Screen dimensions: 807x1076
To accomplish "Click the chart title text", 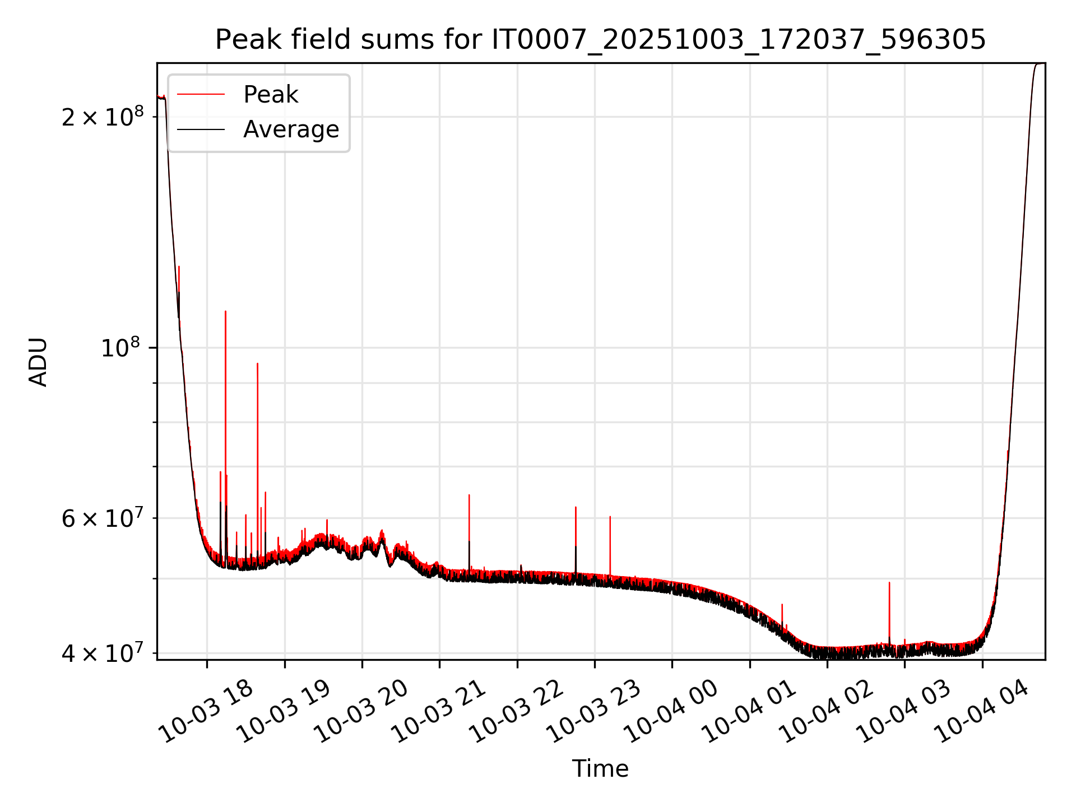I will [x=600, y=40].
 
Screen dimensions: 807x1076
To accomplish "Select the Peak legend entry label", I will [x=271, y=95].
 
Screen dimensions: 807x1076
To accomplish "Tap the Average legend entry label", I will [x=291, y=129].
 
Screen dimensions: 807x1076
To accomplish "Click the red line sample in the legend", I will [x=201, y=95].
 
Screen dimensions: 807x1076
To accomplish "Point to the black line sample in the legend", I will [x=201, y=129].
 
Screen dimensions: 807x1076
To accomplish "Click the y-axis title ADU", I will [x=38, y=361].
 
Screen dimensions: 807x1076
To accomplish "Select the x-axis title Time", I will [x=600, y=768].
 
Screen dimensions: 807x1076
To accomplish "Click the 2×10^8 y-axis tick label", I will [x=103, y=116].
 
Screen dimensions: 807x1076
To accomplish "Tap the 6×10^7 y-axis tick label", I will [x=103, y=518].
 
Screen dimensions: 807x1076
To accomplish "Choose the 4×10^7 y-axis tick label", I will [x=103, y=653].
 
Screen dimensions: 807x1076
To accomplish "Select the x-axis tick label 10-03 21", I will [x=439, y=712].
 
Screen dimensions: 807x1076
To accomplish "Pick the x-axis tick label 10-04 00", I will [x=671, y=712].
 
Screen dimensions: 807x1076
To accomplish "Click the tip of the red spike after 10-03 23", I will [x=610, y=517].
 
